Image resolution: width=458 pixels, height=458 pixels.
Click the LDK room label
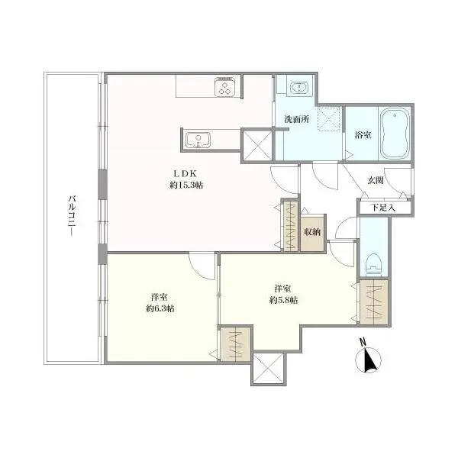click(x=185, y=174)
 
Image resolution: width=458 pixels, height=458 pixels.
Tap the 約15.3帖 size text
click(x=186, y=185)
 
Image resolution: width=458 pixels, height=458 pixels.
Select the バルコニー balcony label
click(x=72, y=216)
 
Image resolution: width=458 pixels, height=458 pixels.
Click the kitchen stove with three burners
click(x=225, y=87)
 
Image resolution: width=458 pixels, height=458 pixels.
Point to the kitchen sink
click(x=198, y=140)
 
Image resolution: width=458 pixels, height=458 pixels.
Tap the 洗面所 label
click(x=297, y=119)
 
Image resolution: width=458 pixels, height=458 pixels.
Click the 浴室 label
click(x=363, y=135)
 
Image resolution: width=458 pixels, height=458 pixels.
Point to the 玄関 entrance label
click(x=376, y=180)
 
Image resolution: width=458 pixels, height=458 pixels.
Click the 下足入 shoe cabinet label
click(x=383, y=208)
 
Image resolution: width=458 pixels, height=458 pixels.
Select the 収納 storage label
click(x=312, y=232)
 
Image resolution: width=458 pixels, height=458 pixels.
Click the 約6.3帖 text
click(x=160, y=308)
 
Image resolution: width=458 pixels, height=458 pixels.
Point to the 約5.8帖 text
click(x=283, y=300)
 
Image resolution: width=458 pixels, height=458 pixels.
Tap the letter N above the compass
click(x=363, y=342)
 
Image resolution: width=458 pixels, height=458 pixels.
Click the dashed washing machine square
click(x=330, y=119)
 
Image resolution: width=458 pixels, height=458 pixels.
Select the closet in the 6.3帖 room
click(x=235, y=343)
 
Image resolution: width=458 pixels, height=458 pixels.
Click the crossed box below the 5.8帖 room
click(x=269, y=369)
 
